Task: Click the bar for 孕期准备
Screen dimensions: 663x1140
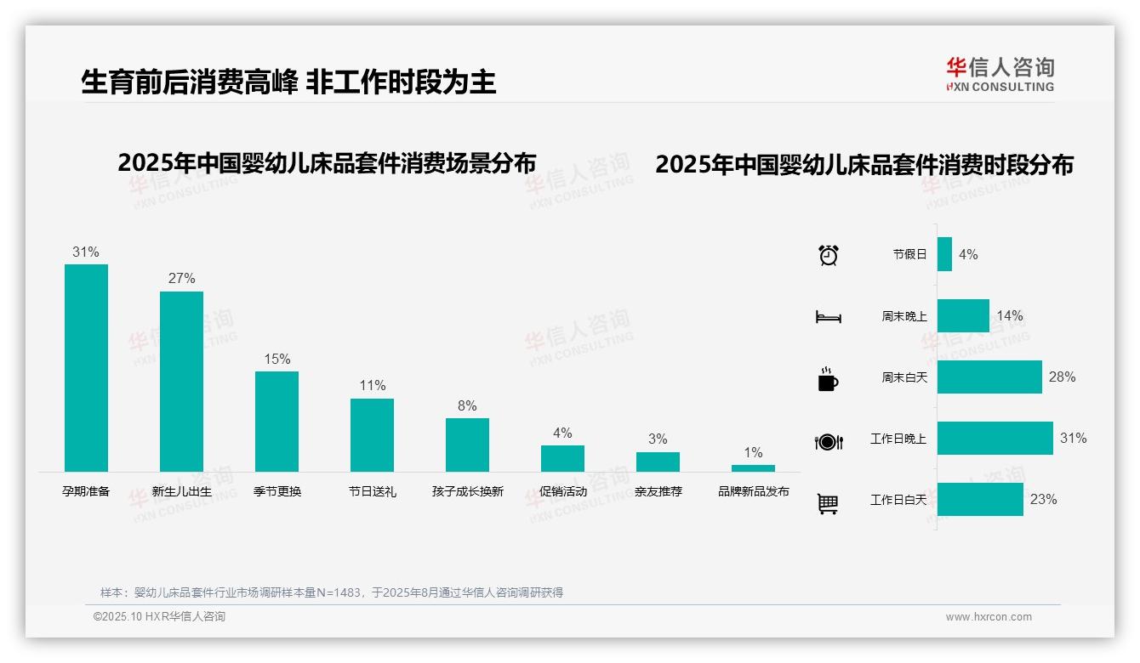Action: click(x=86, y=367)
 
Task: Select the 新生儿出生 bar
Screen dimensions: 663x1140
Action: click(x=181, y=381)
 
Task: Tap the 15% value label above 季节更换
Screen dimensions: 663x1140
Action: click(x=276, y=359)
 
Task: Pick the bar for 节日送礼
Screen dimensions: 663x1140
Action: click(x=372, y=434)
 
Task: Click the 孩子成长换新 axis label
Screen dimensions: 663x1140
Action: click(x=467, y=491)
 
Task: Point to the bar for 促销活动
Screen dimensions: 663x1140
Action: click(x=562, y=458)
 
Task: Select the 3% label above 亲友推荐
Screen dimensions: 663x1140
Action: click(x=658, y=439)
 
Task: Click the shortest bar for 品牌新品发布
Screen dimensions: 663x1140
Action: click(x=753, y=468)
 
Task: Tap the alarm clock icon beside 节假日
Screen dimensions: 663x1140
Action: click(x=828, y=254)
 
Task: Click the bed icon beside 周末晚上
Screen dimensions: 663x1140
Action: click(x=828, y=317)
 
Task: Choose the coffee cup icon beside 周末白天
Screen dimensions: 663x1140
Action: click(x=828, y=379)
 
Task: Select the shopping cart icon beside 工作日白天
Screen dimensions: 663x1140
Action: click(x=828, y=503)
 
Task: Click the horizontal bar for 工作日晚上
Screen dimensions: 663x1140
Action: click(x=995, y=439)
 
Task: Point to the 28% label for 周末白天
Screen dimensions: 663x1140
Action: click(x=1062, y=377)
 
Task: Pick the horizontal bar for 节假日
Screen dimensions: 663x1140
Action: click(x=944, y=254)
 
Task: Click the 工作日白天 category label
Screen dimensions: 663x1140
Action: click(x=898, y=500)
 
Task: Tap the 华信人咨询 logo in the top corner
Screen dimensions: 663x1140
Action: click(x=1000, y=74)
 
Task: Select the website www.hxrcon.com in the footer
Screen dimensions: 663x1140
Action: click(x=989, y=617)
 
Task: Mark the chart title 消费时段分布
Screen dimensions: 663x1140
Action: click(x=864, y=164)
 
